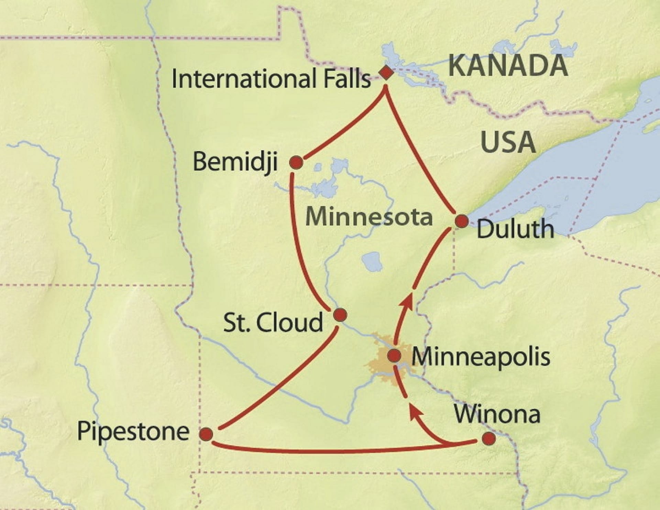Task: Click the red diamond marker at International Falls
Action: click(x=386, y=72)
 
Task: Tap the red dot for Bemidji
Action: click(x=296, y=162)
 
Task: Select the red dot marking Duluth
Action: click(x=462, y=221)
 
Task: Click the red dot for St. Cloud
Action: click(x=340, y=315)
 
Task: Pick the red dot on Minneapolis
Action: click(x=394, y=356)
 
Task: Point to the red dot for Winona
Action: click(x=488, y=439)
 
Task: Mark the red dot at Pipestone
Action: click(x=206, y=434)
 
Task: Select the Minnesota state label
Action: click(x=369, y=217)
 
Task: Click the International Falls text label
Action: click(x=271, y=79)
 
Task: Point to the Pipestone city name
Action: click(x=133, y=432)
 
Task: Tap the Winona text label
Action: click(x=497, y=414)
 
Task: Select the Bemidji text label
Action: click(x=235, y=162)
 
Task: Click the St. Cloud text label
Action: click(x=273, y=323)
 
